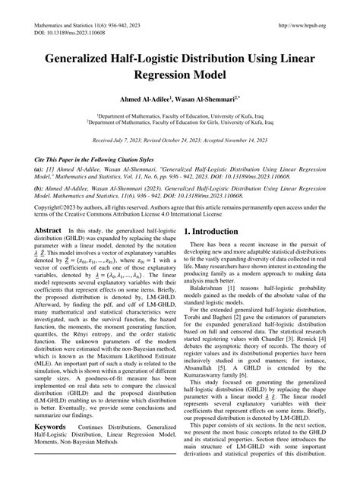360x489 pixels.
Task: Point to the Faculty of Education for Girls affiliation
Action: tap(180, 120)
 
